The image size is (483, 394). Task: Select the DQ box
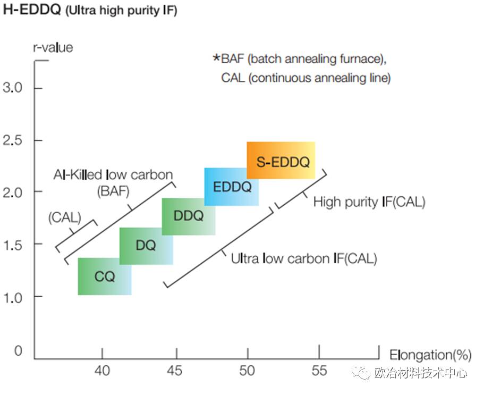146,246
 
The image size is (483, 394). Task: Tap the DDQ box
189,216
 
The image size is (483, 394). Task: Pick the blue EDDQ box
232,187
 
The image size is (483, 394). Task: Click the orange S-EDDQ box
281,161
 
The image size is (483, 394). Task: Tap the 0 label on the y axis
18,351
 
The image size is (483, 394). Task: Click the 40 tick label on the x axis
103,370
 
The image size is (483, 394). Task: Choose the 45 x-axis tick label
175,370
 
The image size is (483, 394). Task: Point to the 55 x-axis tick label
319,370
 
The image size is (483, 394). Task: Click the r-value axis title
53,47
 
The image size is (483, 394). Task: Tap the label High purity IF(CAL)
369,202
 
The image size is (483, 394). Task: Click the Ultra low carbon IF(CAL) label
304,259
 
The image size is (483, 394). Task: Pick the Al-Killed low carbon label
113,174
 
